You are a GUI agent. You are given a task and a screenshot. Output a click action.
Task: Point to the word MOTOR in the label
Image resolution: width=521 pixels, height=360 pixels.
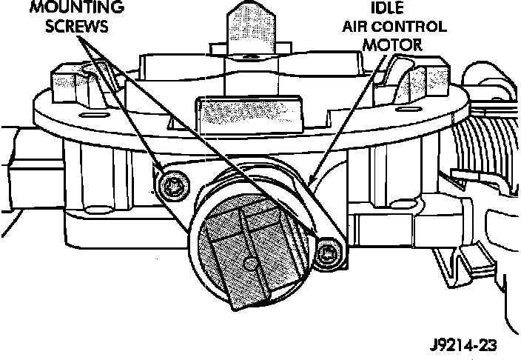(x=397, y=44)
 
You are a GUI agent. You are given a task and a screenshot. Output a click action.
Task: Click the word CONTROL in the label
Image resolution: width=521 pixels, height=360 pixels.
(x=414, y=27)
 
